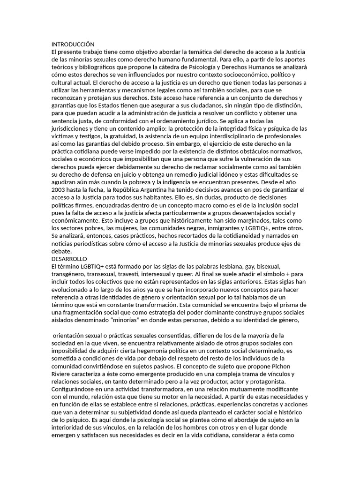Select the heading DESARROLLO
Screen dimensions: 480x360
[69, 258]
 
